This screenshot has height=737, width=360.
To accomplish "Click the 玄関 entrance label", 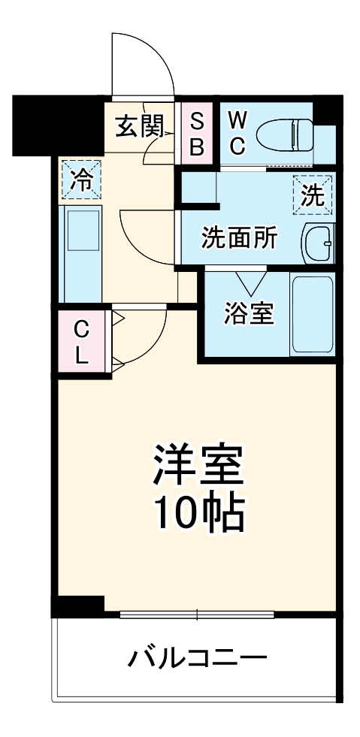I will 139,126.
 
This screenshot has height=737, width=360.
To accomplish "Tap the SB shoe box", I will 196,134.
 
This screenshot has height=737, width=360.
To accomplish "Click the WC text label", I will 237,132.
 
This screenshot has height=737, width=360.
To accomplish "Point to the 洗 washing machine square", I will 312,195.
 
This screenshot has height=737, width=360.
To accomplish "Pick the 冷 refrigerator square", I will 80,180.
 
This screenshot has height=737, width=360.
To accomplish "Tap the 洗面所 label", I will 239,238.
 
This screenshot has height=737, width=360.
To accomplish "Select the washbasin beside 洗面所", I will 319,243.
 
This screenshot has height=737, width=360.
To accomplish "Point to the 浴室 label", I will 248,314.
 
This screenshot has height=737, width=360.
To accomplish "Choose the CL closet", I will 81,341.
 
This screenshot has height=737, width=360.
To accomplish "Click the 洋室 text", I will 198,465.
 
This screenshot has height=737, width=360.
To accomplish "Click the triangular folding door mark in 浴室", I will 247,282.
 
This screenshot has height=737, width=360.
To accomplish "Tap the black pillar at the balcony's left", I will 77,606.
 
